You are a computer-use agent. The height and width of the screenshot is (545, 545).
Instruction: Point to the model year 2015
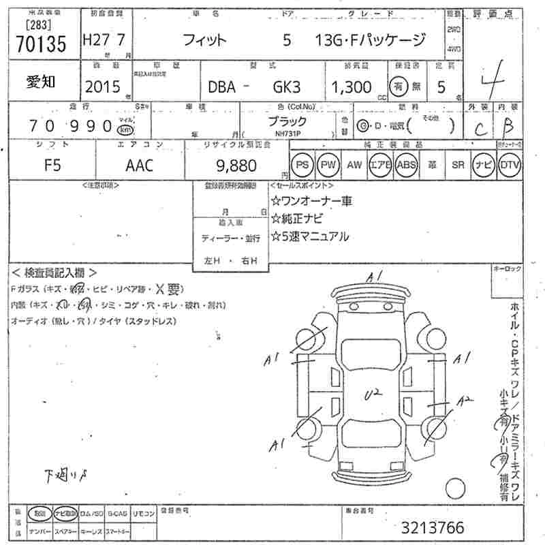[x=102, y=87]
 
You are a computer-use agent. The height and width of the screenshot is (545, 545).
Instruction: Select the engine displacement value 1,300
[x=352, y=87]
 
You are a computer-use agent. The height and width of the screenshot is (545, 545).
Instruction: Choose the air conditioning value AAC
[x=140, y=165]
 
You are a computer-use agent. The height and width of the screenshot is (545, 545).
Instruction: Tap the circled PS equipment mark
[x=302, y=165]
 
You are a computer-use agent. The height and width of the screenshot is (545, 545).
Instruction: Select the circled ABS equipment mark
[x=407, y=165]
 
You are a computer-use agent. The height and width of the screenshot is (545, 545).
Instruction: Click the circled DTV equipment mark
[x=510, y=165]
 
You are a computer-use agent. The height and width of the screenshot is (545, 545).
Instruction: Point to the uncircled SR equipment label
[x=458, y=165]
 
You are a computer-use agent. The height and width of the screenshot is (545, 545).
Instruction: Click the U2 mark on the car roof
[x=373, y=392]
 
